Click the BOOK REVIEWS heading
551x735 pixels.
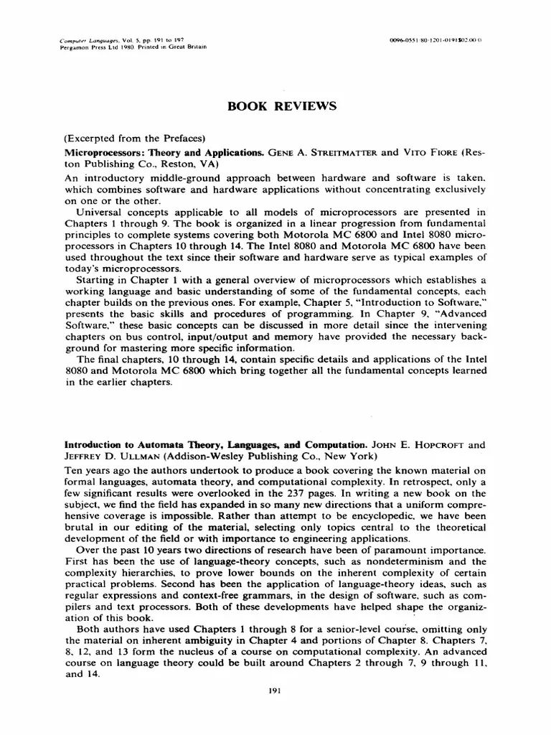[x=282, y=107]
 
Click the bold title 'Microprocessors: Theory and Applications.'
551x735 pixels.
[x=164, y=153]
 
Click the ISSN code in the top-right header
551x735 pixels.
[x=437, y=41]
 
